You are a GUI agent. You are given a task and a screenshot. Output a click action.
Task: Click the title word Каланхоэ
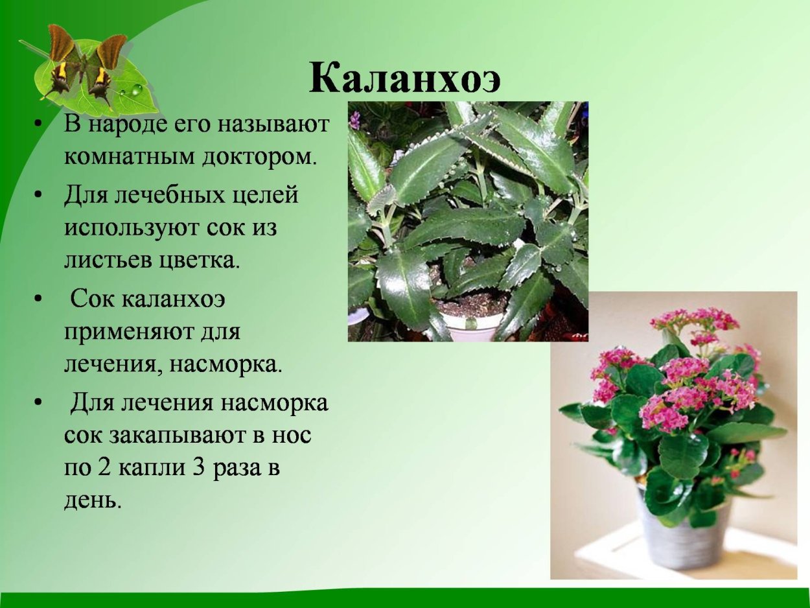(405, 78)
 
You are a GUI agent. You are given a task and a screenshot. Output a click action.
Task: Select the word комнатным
(121, 157)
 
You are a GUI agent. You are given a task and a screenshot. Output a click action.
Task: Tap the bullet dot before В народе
(40, 123)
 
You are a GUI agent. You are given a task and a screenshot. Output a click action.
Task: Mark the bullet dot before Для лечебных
(40, 194)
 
